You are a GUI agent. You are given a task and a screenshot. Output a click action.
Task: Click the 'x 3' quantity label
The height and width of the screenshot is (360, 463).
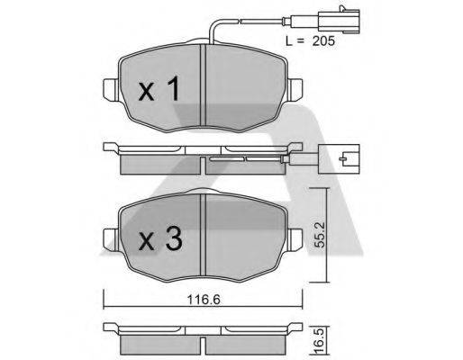161,240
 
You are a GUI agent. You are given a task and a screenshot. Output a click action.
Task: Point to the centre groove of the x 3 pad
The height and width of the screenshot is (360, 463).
205,238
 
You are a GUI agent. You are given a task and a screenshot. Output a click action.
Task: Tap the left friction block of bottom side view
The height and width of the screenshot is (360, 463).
158,346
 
